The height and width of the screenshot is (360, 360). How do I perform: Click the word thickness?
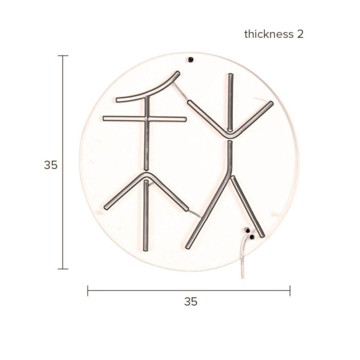tap(269, 34)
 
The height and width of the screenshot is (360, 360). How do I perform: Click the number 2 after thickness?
tap(300, 34)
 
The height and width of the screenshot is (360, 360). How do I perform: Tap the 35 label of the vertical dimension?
tap(51, 165)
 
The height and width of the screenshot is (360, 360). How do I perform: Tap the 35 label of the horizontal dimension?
tap(191, 301)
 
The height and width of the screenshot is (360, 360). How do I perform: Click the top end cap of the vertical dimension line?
tap(63, 56)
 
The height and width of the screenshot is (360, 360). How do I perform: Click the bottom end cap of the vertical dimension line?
tap(63, 269)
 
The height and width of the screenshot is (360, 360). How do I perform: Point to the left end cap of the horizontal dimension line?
tap(88, 291)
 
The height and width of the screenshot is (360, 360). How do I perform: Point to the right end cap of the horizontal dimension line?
tap(290, 291)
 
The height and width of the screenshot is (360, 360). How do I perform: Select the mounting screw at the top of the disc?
tap(190, 60)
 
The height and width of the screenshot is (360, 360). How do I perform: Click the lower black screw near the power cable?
tap(252, 237)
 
